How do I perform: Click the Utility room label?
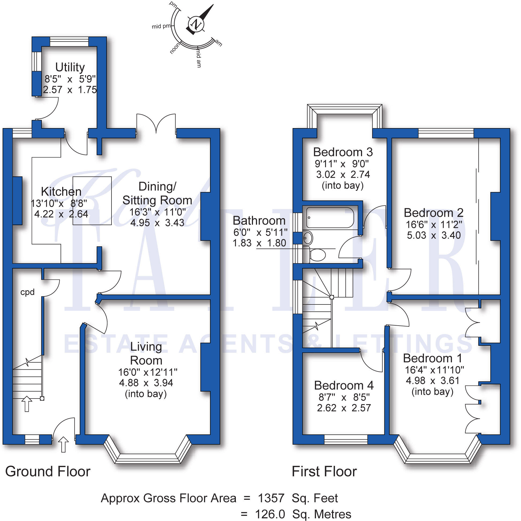tap(70, 67)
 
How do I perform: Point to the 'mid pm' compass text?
tap(161, 27)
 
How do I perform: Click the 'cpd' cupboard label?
tap(28, 292)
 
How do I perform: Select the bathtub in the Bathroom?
tap(330, 217)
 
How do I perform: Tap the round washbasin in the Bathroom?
tap(308, 238)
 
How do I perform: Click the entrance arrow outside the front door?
tap(63, 444)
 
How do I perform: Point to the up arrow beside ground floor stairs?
tap(27, 404)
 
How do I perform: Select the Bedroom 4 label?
tap(344, 385)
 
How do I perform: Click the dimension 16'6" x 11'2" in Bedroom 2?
tap(434, 224)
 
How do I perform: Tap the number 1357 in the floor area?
tap(271, 498)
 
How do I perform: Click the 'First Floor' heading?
tap(324, 471)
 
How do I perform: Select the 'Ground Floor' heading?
tap(48, 471)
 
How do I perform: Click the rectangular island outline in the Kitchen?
tap(92, 201)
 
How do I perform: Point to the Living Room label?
tap(146, 353)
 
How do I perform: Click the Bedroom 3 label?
tap(343, 152)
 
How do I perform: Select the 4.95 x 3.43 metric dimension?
tap(157, 223)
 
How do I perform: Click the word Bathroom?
tap(259, 221)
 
